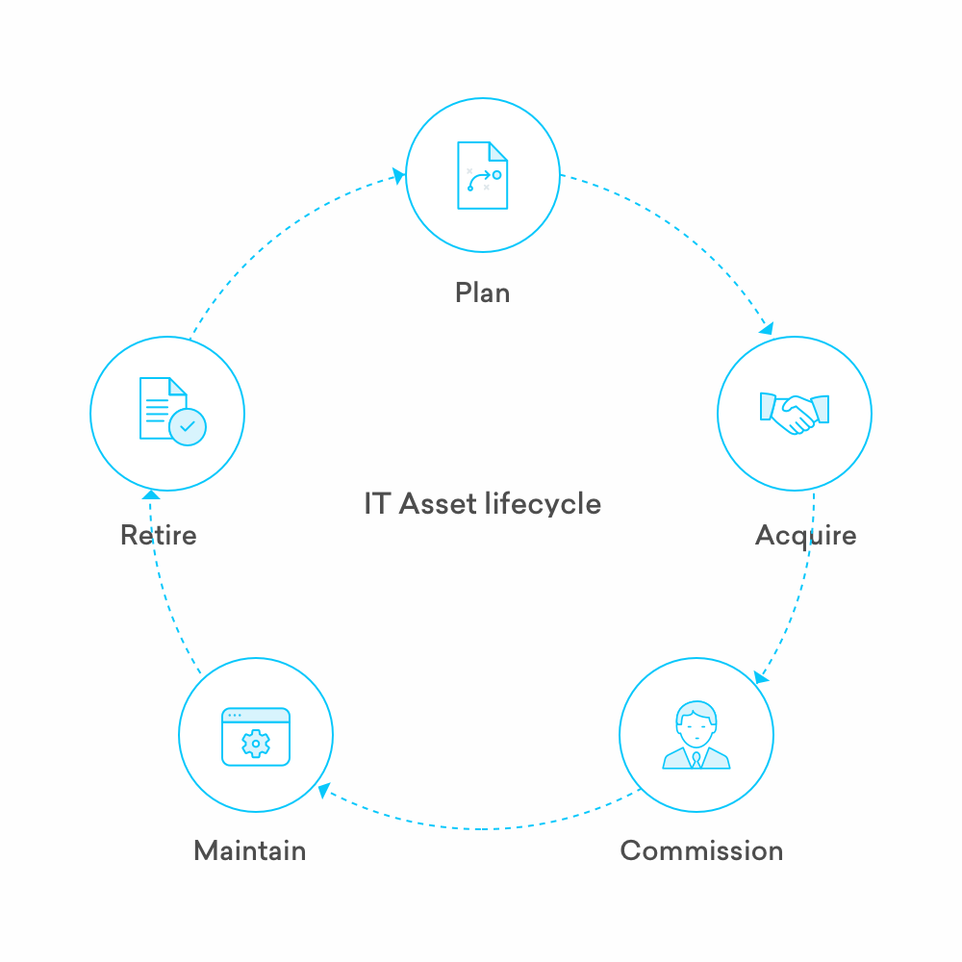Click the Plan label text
(x=482, y=291)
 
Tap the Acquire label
(x=805, y=535)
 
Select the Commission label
(x=701, y=850)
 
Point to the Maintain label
(x=250, y=850)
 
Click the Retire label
(x=158, y=535)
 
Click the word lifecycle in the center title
(x=544, y=503)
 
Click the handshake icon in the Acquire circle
(x=794, y=413)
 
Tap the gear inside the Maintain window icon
(x=255, y=744)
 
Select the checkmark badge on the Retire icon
(x=187, y=425)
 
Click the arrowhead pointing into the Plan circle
(x=397, y=177)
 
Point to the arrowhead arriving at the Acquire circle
(x=766, y=328)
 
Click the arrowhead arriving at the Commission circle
(x=760, y=678)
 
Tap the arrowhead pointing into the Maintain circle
(x=325, y=790)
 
